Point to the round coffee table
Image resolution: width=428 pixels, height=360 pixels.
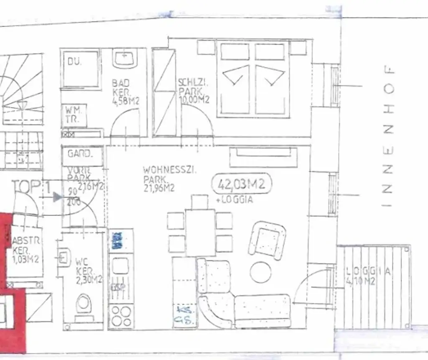pos(260,272)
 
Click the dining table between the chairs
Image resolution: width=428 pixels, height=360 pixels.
pos(200,232)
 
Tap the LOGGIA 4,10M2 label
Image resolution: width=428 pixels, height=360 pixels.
pos(368,276)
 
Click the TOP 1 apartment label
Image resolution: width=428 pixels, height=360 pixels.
pos(31,186)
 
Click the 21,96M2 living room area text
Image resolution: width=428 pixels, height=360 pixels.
pos(158,189)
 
